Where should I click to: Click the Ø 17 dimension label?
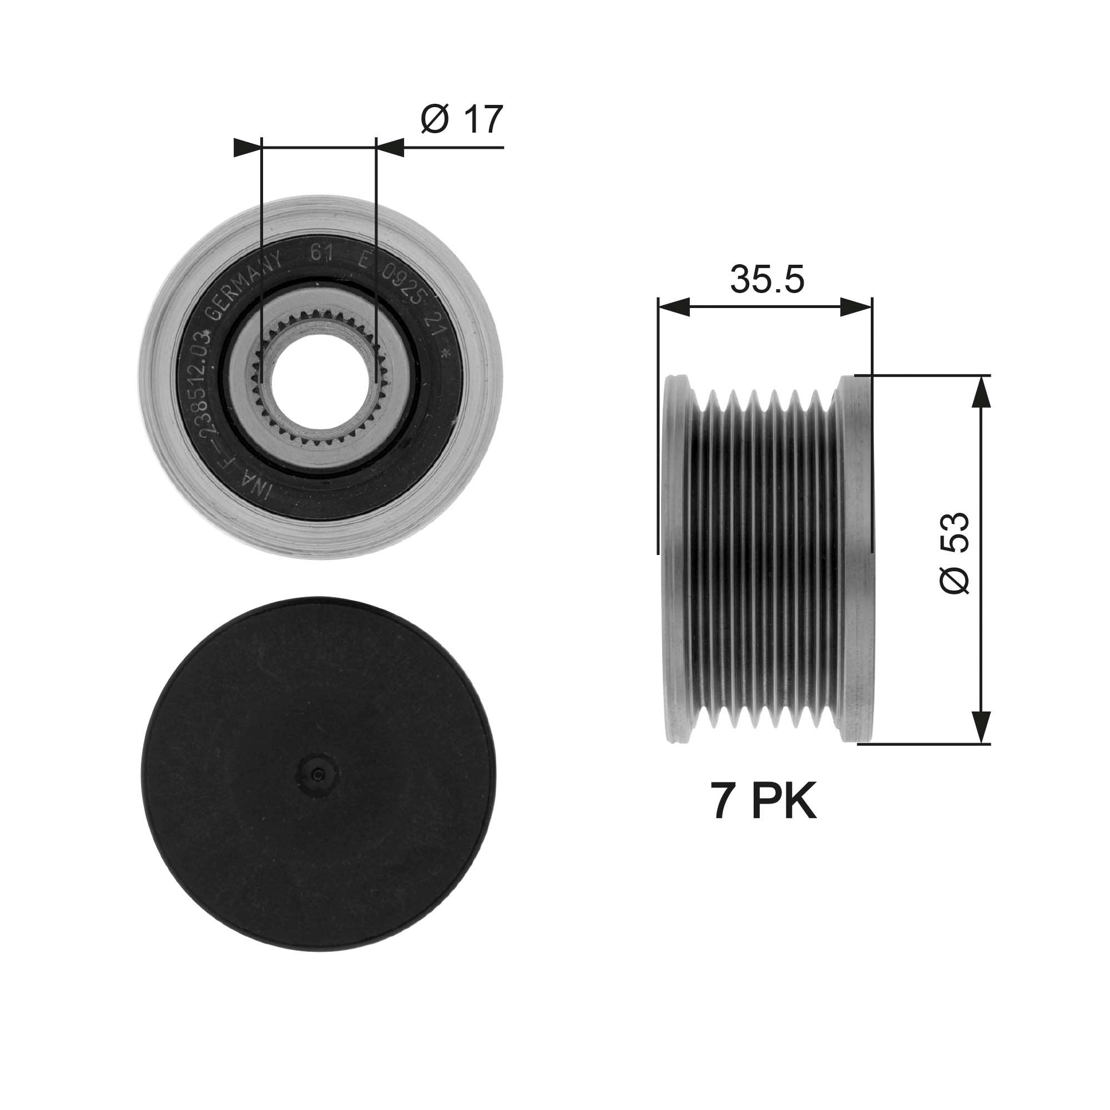tap(461, 119)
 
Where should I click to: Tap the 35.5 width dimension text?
tap(766, 279)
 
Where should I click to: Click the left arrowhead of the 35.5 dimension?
tap(673, 307)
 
